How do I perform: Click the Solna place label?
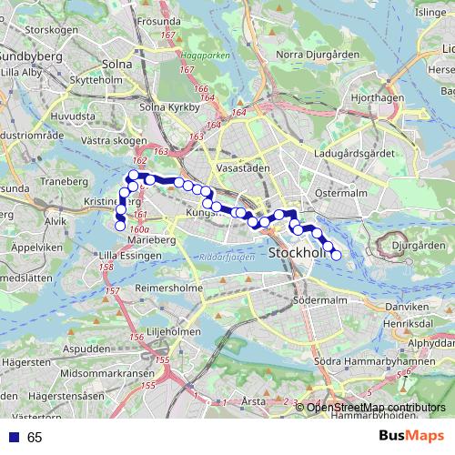pyautogui.click(x=117, y=65)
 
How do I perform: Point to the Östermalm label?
pyautogui.click(x=339, y=193)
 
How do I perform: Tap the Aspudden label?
pyautogui.click(x=88, y=349)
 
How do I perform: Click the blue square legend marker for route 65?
pyautogui.click(x=14, y=438)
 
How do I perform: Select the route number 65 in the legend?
pyautogui.click(x=35, y=438)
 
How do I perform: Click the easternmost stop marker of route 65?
pyautogui.click(x=336, y=255)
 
